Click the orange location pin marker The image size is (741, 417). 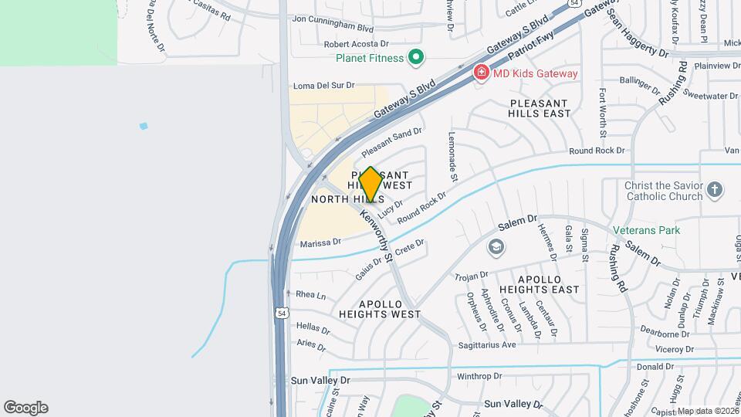370,185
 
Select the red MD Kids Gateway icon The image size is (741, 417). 481,73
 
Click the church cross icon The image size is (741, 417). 716,189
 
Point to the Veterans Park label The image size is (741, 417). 646,230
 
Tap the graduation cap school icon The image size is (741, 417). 496,247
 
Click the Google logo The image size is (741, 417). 25,408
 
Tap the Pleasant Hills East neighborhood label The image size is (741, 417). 539,108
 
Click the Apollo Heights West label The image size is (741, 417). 379,309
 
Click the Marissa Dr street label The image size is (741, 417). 320,242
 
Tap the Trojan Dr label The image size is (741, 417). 472,275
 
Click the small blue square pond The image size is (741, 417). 144,126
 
